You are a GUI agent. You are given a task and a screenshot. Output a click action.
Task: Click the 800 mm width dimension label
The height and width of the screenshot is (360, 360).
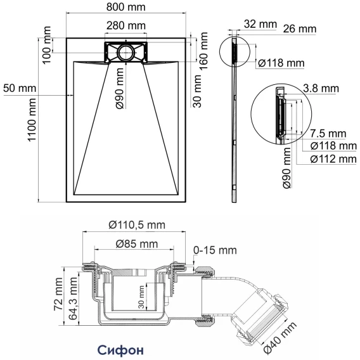tap(126, 7)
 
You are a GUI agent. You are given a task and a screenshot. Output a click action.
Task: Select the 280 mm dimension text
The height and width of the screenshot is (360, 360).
tap(126, 25)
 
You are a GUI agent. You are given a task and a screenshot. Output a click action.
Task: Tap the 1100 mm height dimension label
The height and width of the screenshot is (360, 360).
tap(32, 120)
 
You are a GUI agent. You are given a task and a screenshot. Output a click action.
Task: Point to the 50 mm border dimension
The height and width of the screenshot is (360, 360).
tap(20, 88)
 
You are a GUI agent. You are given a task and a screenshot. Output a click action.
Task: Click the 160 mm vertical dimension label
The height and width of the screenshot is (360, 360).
tap(203, 51)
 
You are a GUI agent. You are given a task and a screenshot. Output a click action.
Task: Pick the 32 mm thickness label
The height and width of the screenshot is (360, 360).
tap(260, 23)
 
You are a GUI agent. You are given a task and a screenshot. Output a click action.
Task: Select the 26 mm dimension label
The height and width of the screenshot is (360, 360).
tap(300, 29)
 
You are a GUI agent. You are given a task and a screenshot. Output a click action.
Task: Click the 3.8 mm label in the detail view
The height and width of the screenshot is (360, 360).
tap(321, 88)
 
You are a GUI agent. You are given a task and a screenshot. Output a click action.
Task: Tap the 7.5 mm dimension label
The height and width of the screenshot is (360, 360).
tap(328, 133)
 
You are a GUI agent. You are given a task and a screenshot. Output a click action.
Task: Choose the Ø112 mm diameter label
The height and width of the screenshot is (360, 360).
tap(333, 159)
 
